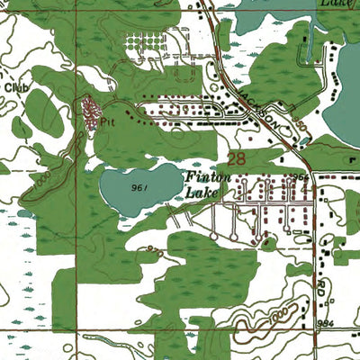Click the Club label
pos(12,87)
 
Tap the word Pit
pos(109,116)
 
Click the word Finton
pos(209,177)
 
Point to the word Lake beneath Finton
pos(201,192)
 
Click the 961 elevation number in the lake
pos(138,188)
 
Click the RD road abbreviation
pos(323,286)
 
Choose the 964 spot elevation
pos(300,177)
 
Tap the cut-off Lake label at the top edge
pos(333,4)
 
